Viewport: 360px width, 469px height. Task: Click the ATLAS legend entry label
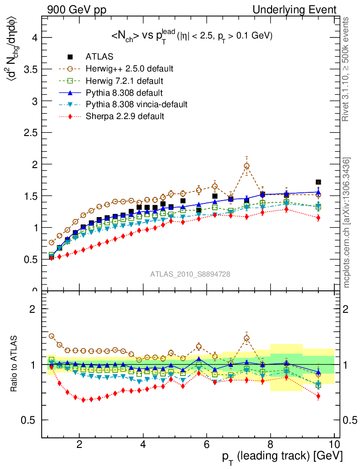click(99, 57)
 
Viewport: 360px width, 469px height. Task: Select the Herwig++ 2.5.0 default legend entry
click(129, 69)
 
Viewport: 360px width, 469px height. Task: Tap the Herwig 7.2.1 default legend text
click(124, 81)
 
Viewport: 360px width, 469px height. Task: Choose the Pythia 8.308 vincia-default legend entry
click(136, 104)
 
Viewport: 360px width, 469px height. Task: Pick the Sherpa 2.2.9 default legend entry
click(125, 116)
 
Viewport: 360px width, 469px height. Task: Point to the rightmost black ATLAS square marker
click(318, 182)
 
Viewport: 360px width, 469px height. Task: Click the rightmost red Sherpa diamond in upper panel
click(318, 218)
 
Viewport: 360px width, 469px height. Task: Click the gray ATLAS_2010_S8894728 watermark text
click(190, 274)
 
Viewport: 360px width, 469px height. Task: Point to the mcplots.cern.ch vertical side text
click(348, 223)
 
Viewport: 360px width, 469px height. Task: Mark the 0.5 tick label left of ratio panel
click(31, 420)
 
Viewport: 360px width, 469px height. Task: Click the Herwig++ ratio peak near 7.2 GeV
click(246, 338)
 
